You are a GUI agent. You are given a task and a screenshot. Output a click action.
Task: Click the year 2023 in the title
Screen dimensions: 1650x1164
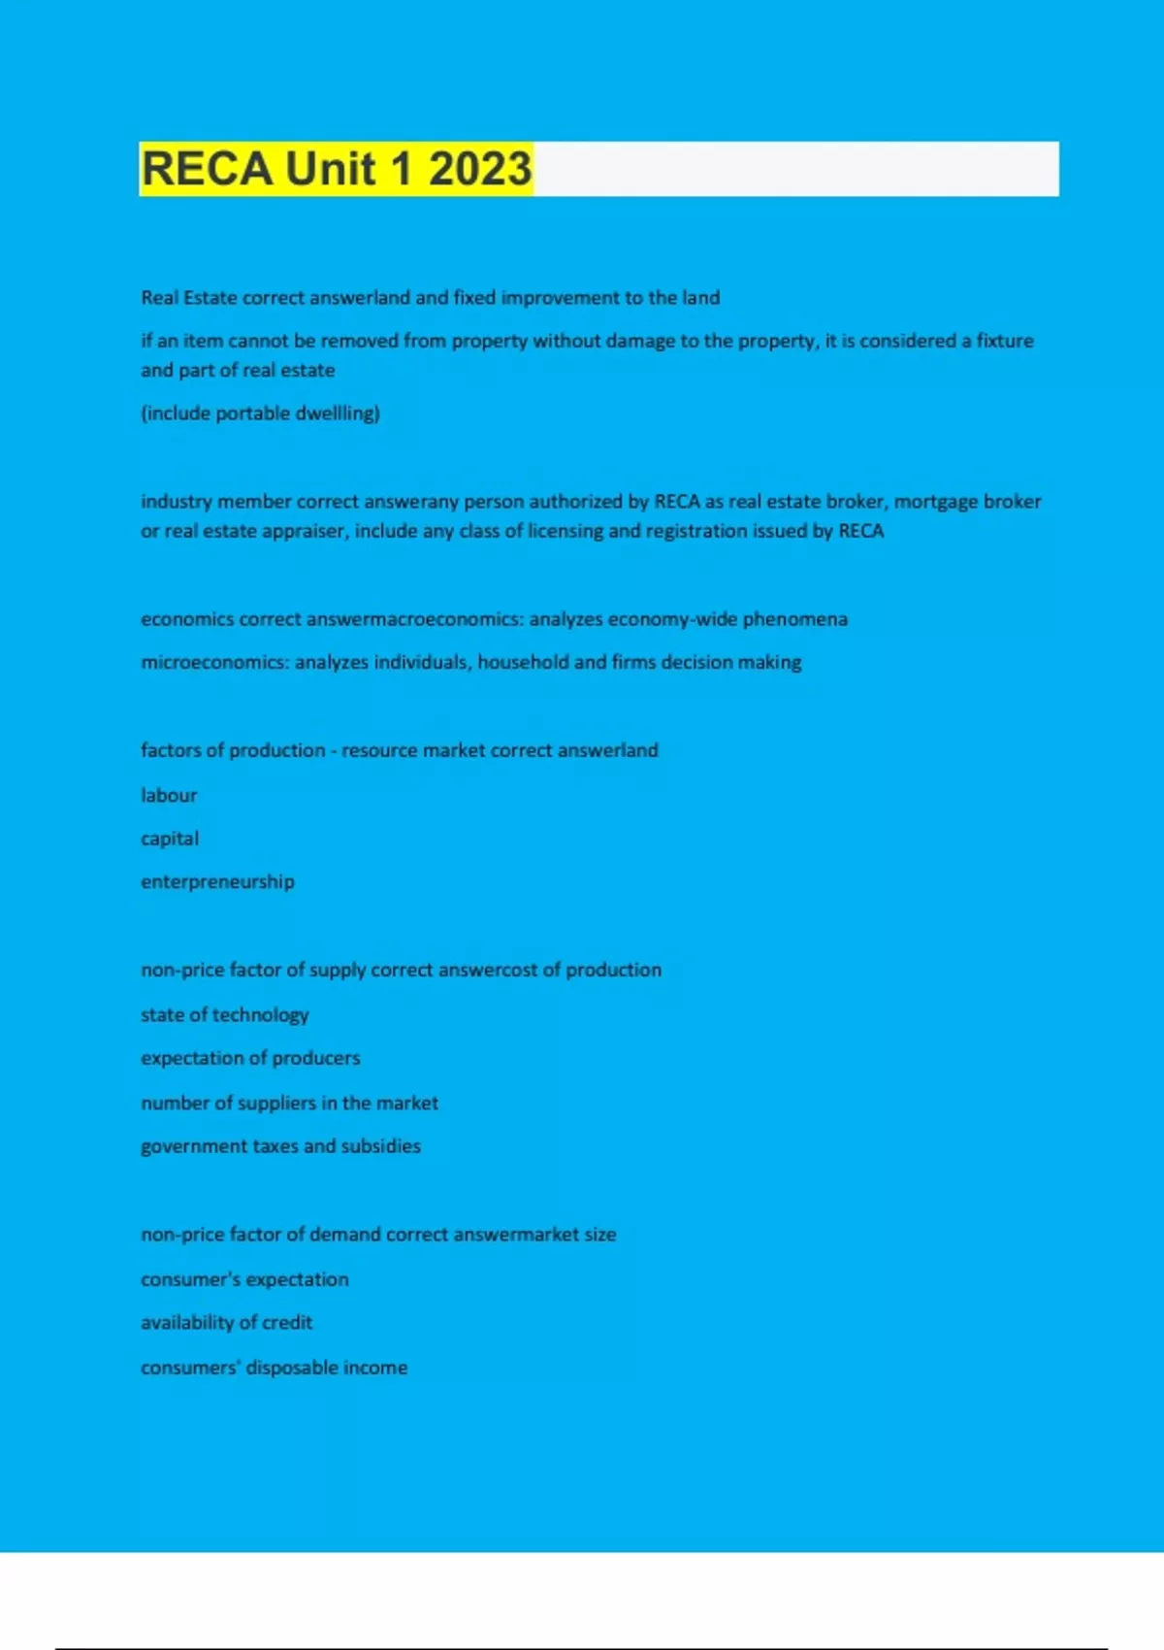click(x=480, y=169)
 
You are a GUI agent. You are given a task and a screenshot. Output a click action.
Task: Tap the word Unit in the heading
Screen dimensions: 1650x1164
click(x=330, y=169)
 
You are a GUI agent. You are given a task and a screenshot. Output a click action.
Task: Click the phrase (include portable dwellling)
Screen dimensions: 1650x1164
click(x=260, y=413)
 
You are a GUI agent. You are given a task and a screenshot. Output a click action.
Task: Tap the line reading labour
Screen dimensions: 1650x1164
click(x=169, y=795)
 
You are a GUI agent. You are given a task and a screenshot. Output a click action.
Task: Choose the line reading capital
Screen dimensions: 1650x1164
click(x=170, y=839)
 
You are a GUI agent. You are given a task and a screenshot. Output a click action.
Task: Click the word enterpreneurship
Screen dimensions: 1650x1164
click(x=217, y=882)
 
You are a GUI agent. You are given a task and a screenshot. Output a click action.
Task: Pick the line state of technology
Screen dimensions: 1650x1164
click(x=224, y=1015)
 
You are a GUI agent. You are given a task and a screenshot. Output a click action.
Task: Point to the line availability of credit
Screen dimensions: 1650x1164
click(x=226, y=1323)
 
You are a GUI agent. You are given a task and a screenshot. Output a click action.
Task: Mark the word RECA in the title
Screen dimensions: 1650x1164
click(x=207, y=169)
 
